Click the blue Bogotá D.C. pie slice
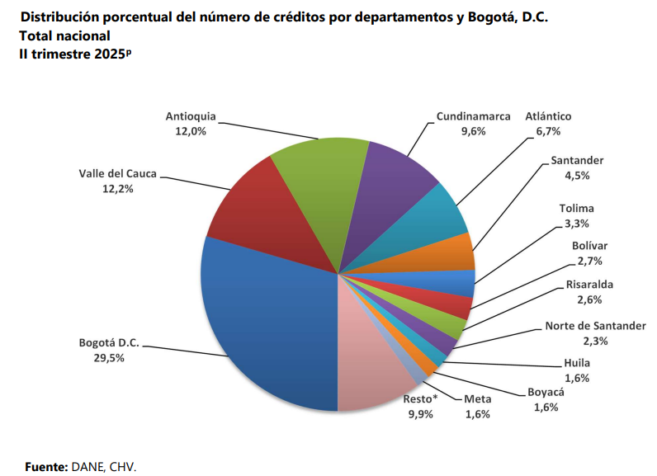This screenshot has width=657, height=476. click(x=264, y=322)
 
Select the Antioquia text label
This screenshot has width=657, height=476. click(x=191, y=116)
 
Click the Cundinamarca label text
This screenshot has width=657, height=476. click(x=473, y=116)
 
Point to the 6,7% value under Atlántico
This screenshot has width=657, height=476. click(x=548, y=131)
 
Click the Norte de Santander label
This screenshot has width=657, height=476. click(x=595, y=326)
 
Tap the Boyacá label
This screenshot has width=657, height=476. click(x=546, y=393)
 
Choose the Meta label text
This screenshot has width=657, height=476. click(x=477, y=399)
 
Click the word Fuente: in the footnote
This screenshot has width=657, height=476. click(x=46, y=466)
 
